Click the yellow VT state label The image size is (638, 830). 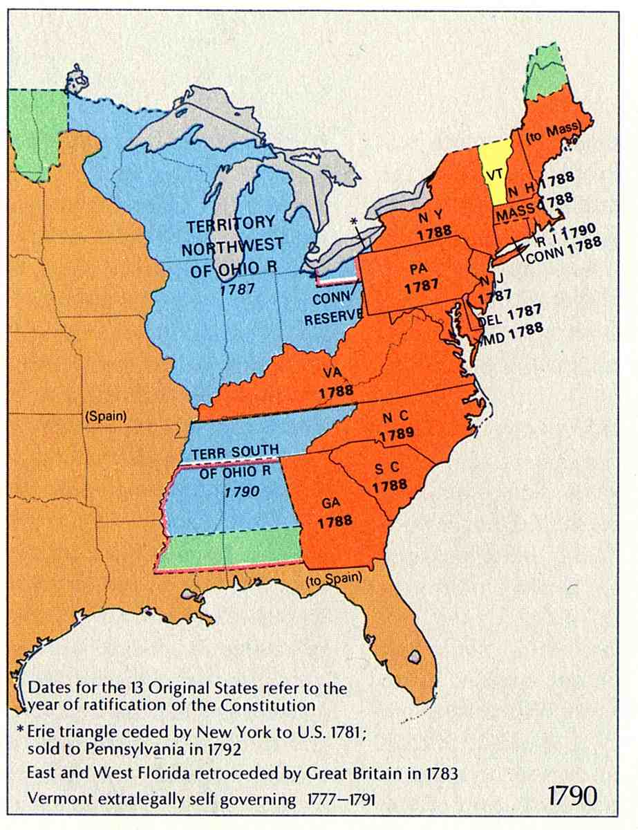click(x=493, y=175)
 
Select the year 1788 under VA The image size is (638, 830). click(x=336, y=391)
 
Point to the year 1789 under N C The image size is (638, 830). click(x=396, y=434)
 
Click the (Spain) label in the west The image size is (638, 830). click(x=104, y=418)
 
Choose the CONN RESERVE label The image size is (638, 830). click(x=334, y=308)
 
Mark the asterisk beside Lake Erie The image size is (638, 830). click(x=355, y=221)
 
